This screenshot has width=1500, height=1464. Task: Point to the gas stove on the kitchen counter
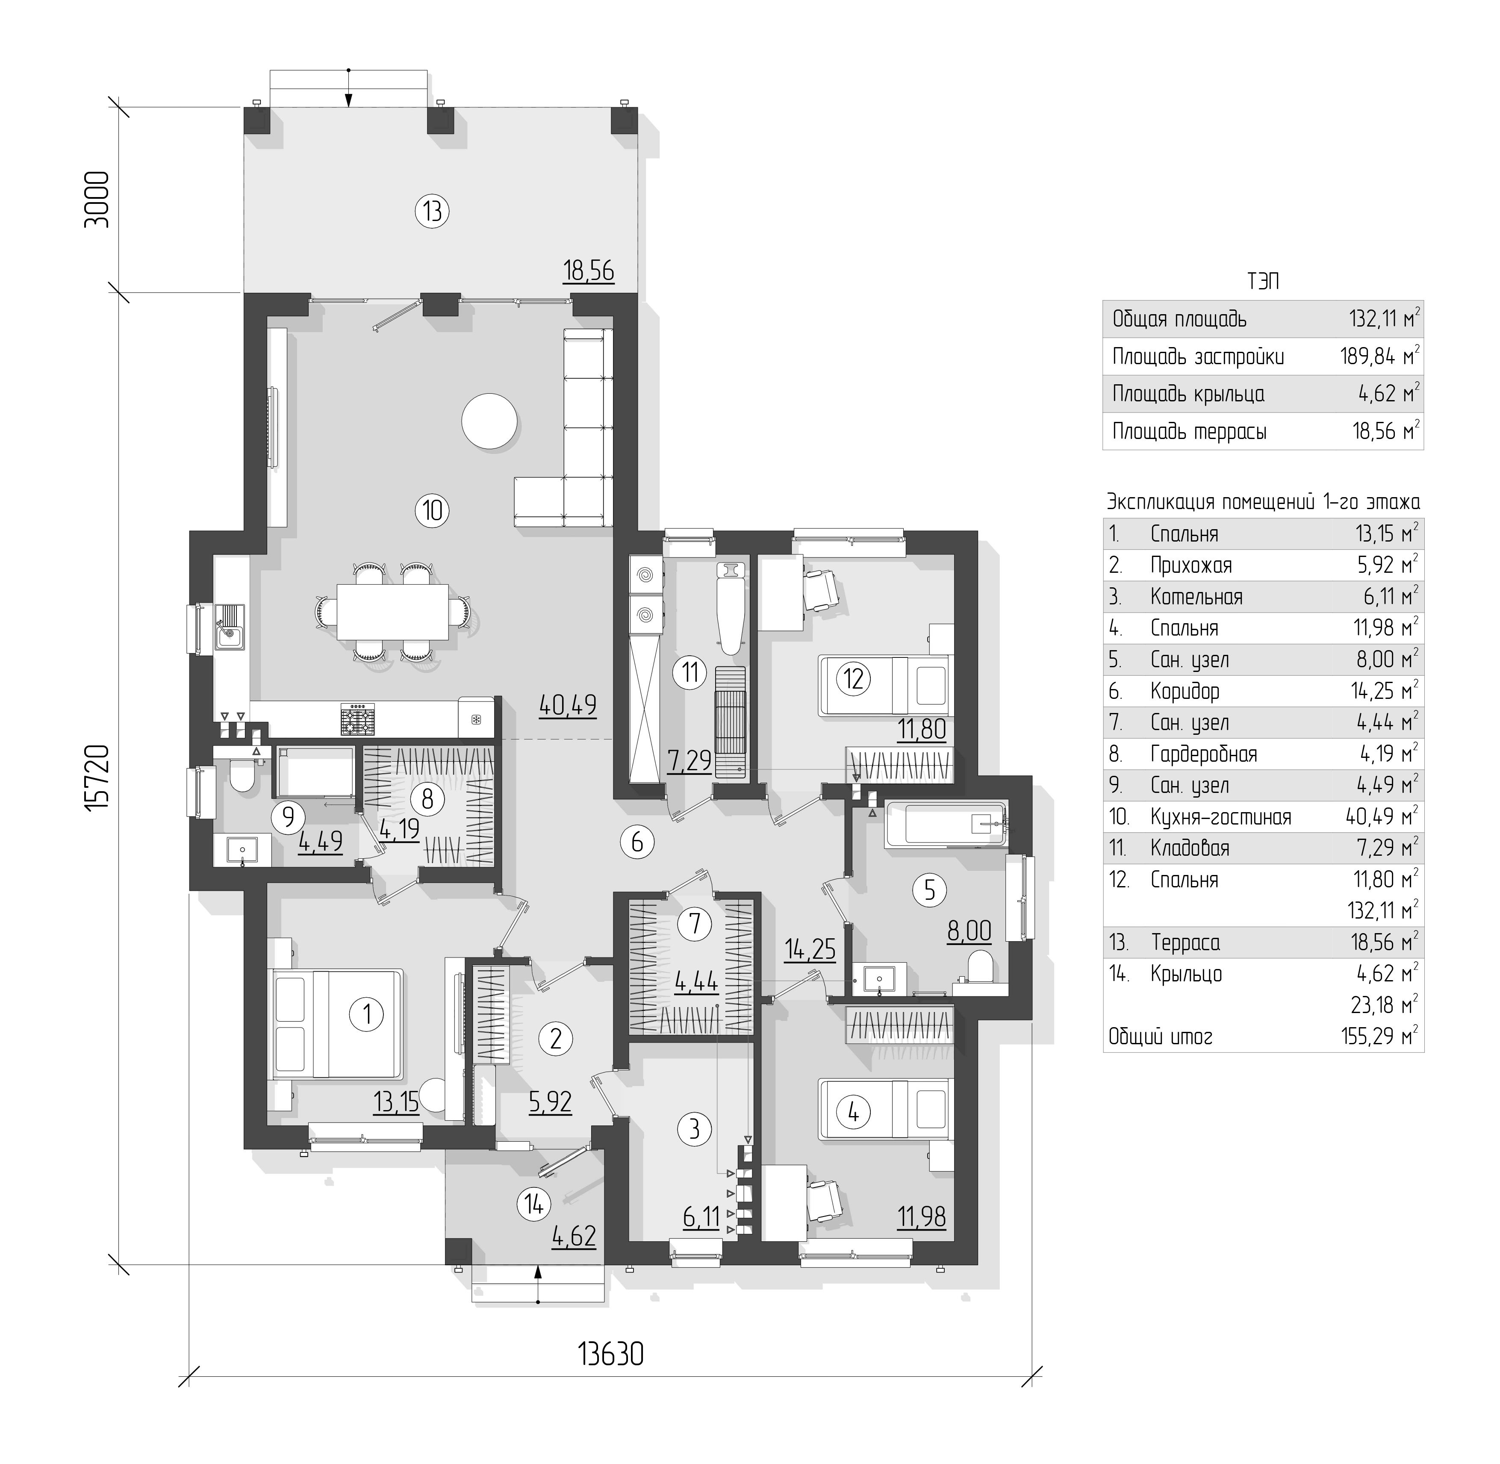(x=358, y=719)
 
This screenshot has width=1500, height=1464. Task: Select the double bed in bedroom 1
(x=335, y=1024)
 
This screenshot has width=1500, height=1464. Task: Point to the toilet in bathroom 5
(x=979, y=968)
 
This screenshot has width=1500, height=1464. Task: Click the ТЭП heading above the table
(x=1263, y=281)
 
